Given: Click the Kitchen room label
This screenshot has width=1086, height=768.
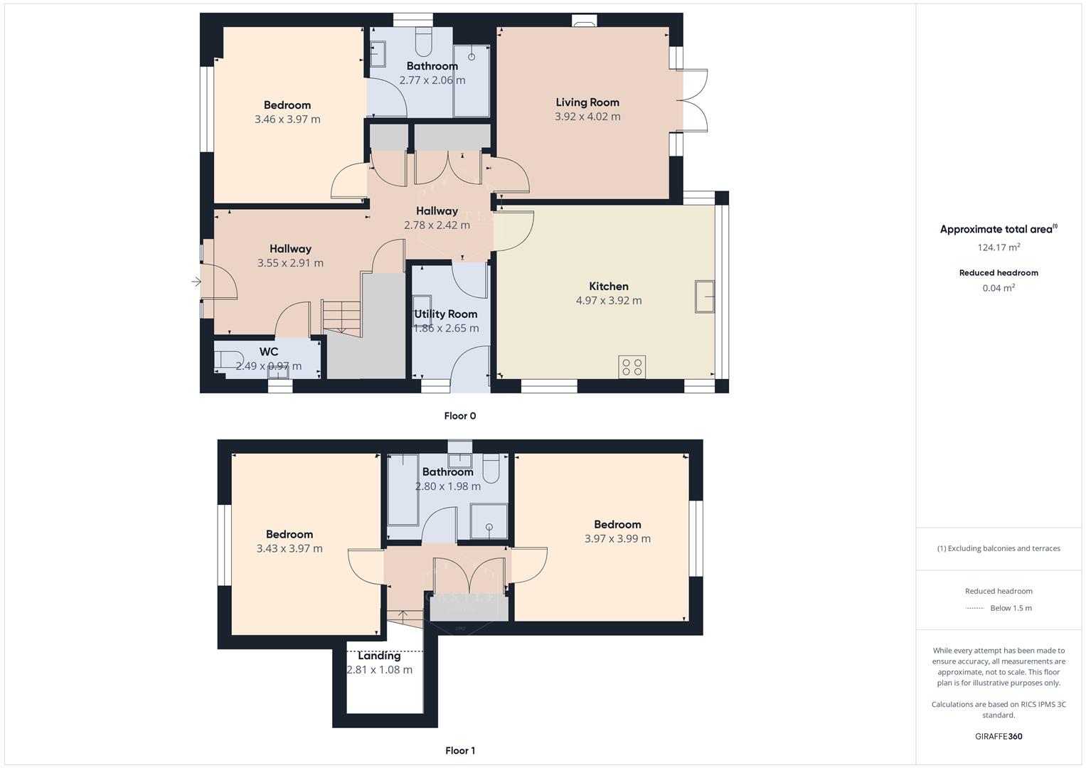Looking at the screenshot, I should [x=608, y=287].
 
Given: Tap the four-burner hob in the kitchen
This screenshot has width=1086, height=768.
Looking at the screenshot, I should [x=632, y=367].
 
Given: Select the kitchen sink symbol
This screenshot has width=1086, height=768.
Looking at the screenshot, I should [x=705, y=297].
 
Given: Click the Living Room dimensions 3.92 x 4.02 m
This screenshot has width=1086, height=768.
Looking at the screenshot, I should [x=587, y=117].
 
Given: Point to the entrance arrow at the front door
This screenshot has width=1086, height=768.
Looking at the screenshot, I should [x=196, y=282].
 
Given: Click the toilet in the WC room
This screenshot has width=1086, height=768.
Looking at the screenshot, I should [x=227, y=360].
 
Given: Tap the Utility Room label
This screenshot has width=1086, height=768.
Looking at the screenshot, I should [x=446, y=314].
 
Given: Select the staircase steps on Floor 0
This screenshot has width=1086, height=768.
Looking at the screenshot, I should [x=342, y=316].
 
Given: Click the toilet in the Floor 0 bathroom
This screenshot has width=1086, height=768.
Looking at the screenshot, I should [x=423, y=43].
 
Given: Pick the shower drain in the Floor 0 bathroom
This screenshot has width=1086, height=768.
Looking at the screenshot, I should [x=472, y=56].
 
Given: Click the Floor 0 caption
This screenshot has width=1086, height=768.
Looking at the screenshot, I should [x=460, y=416].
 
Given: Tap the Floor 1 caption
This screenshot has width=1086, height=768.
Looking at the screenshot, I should [x=460, y=750].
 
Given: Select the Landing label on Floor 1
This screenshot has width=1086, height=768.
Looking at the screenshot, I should [x=379, y=656].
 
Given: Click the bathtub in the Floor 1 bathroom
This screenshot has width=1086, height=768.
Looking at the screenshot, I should [x=403, y=498].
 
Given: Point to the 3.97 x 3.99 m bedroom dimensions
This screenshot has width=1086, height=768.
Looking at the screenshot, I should [x=617, y=539].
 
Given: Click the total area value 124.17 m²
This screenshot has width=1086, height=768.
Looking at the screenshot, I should [x=999, y=247].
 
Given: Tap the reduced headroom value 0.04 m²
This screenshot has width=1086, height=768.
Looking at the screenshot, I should [x=999, y=288].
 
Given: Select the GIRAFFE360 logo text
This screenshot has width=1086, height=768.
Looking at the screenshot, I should [x=999, y=736].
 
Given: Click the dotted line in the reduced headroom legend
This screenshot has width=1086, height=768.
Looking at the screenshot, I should [x=975, y=608].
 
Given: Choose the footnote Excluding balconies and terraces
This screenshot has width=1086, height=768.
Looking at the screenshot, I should [x=999, y=548].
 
